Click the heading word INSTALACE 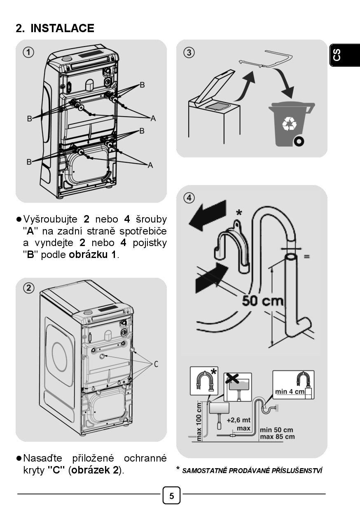(x=62, y=28)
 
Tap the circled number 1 (x=29, y=52)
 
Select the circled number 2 (x=29, y=288)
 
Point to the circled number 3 (x=189, y=52)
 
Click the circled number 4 (x=189, y=198)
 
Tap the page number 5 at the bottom (x=172, y=495)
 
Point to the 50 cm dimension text (x=263, y=300)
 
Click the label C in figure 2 (x=156, y=364)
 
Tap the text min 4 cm (x=290, y=391)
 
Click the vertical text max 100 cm (x=200, y=421)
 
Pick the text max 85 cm (x=277, y=436)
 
